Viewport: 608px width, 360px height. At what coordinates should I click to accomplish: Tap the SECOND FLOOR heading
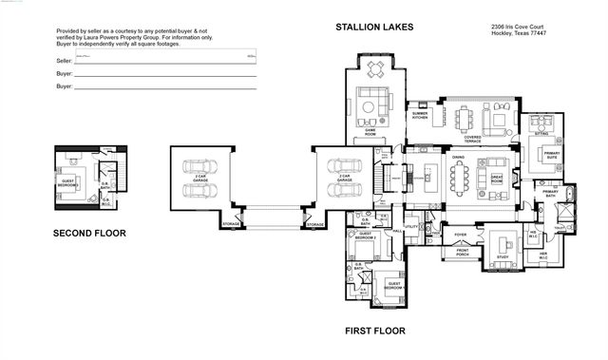click(89, 233)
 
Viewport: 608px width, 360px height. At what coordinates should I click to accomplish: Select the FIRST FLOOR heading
click(374, 332)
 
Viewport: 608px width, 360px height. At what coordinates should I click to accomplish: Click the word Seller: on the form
click(65, 60)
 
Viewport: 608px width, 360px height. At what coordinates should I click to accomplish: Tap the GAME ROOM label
click(370, 135)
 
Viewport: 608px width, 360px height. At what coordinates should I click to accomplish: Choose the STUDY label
click(503, 256)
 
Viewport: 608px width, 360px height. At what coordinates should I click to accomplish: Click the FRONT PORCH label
click(463, 252)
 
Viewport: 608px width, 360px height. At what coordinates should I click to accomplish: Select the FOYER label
click(460, 233)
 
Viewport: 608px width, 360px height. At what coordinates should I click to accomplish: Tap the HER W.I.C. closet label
click(543, 255)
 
